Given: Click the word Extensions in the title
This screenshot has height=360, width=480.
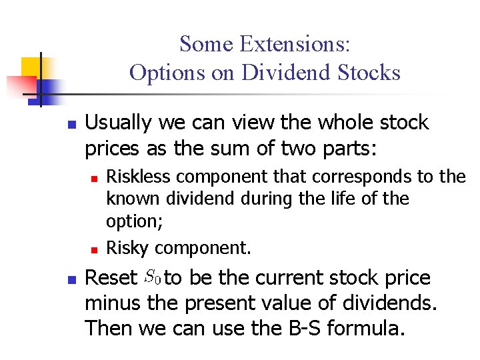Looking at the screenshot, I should tap(294, 45).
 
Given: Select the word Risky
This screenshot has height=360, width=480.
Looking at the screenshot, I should tap(127, 248).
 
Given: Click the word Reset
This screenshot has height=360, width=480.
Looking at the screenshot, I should tap(110, 278).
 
